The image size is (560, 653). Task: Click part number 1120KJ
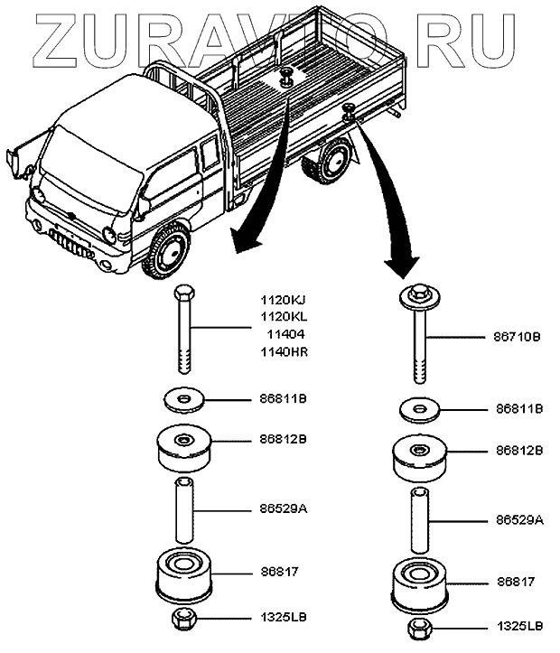pyautogui.click(x=282, y=299)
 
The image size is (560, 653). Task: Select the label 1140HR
pyautogui.click(x=282, y=351)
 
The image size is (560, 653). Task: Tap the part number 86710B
pyautogui.click(x=518, y=336)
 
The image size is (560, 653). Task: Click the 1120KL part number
pyautogui.click(x=282, y=316)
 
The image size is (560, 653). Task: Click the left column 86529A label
pyautogui.click(x=282, y=509)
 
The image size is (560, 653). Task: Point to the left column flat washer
pyautogui.click(x=182, y=398)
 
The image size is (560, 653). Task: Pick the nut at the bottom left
pyautogui.click(x=183, y=620)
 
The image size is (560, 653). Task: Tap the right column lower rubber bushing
pyautogui.click(x=418, y=585)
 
